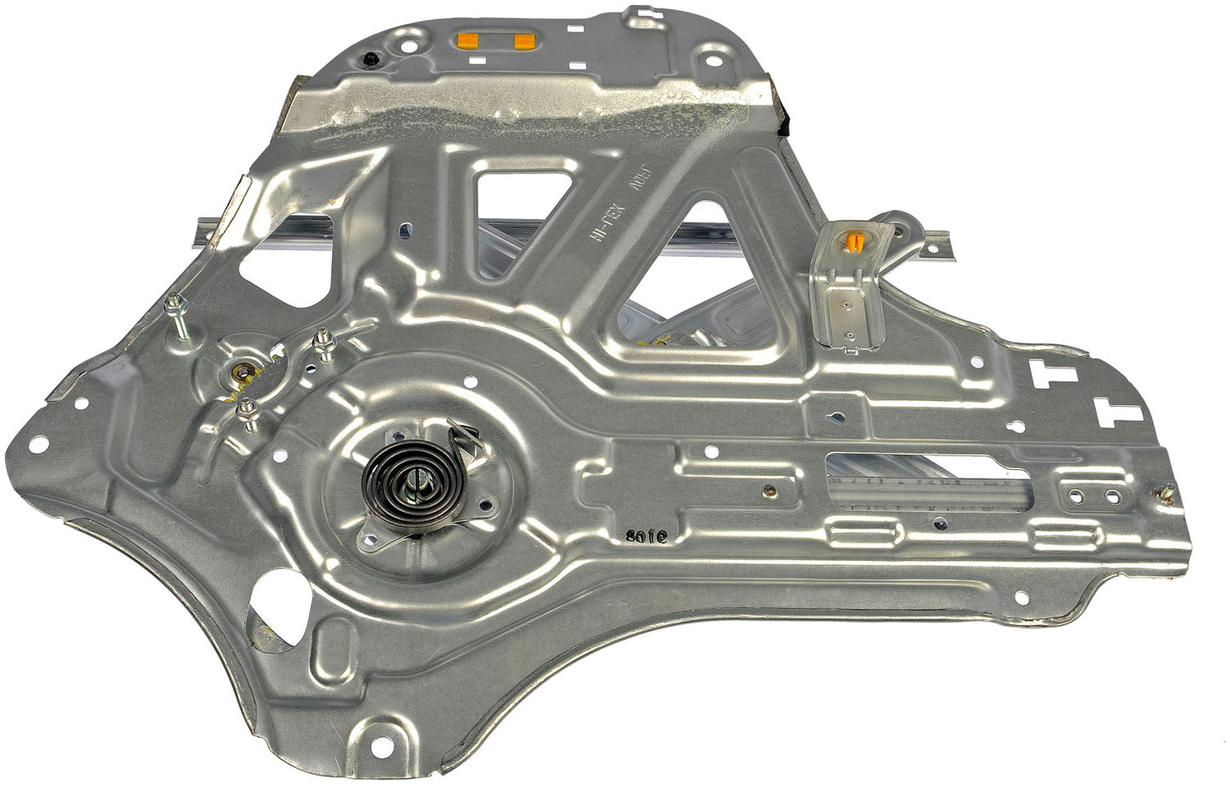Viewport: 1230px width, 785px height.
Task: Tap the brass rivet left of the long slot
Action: tap(770, 490)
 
